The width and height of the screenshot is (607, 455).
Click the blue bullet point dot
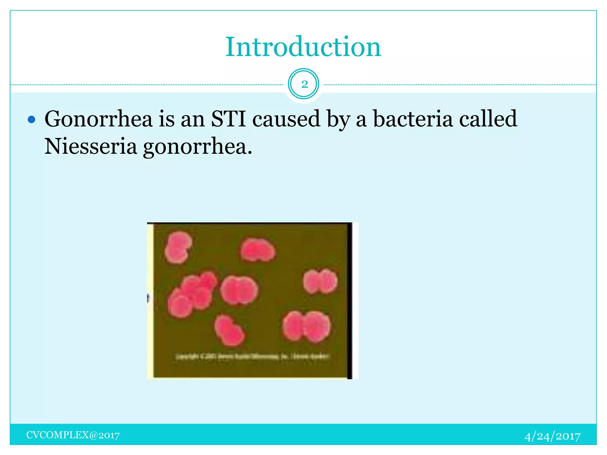point(31,120)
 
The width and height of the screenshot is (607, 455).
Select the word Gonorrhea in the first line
point(98,119)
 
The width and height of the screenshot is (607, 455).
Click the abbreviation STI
point(229,119)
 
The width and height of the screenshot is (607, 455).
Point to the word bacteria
point(413,119)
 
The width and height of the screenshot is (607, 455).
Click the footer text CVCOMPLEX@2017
point(73,435)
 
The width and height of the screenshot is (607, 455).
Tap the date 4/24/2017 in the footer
point(552,436)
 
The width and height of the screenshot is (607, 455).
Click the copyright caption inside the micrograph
point(252,356)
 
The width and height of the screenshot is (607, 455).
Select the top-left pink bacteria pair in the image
point(178,247)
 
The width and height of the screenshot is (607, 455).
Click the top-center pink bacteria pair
point(258,250)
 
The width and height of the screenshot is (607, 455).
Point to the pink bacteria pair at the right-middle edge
point(320,281)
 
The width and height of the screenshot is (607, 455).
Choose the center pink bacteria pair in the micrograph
point(239,290)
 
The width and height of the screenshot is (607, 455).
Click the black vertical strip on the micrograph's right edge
point(350,301)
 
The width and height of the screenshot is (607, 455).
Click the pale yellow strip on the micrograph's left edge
point(150,301)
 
